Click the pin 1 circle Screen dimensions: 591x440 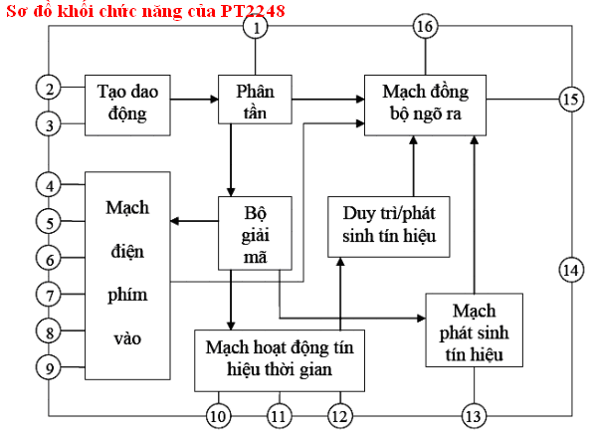256,27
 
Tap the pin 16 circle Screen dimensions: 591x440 425,27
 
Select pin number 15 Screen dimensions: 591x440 571,100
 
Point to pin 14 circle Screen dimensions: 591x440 571,270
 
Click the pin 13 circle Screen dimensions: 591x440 474,416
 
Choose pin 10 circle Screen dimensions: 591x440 219,416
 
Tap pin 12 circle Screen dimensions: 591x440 340,416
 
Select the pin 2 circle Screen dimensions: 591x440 49,88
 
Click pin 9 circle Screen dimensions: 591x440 49,367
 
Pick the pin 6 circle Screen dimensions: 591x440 49,258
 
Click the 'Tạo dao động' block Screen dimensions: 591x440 127,106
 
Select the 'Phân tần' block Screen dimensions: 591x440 255,100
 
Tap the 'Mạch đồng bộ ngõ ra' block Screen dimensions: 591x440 425,106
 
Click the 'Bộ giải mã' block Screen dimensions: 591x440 255,233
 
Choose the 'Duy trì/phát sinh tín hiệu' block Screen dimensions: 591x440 389,227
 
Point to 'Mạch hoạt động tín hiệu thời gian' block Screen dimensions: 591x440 280,360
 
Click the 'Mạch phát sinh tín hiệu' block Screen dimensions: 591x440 475,330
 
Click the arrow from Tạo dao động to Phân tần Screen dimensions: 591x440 194,100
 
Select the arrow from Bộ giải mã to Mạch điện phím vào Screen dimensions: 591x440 194,221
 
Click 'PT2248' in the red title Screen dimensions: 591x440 253,11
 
